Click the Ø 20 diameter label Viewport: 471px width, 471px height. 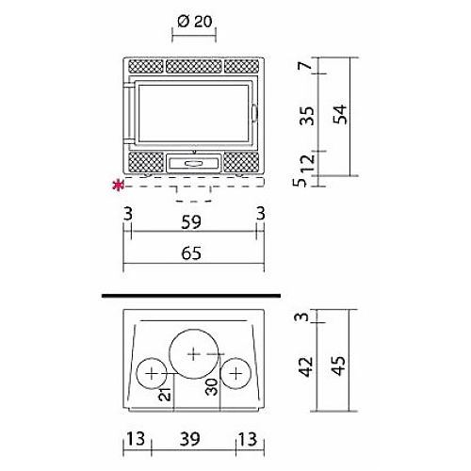195,22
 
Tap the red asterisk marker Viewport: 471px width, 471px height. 119,186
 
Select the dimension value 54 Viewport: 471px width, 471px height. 340,114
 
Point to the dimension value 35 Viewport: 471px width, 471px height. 307,116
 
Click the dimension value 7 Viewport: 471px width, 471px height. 305,65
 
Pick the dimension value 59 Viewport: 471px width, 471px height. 191,221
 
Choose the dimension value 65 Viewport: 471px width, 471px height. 191,253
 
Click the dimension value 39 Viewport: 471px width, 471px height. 190,439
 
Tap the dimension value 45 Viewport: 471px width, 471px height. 338,365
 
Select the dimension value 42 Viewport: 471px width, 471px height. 306,366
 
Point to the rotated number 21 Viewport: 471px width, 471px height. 165,395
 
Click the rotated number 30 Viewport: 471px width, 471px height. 211,386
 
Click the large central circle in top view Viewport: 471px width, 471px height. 194,330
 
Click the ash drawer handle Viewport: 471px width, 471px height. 194,163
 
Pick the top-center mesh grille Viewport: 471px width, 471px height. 194,66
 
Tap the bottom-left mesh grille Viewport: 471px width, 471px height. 146,162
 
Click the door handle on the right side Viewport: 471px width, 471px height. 254,113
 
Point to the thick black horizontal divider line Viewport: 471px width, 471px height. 191,296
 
